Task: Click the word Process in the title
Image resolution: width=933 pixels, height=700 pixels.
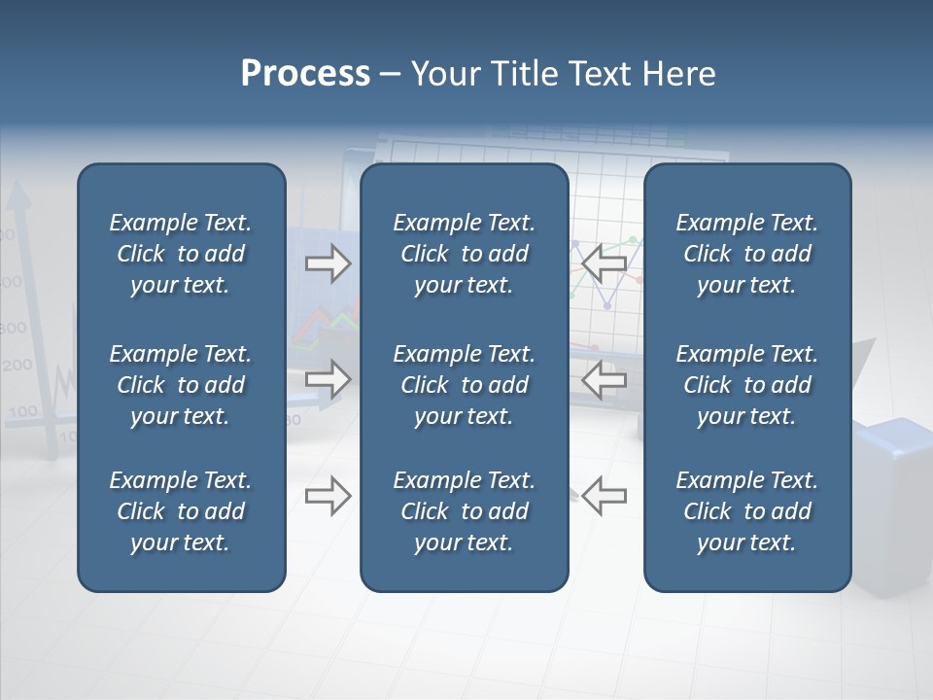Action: click(305, 74)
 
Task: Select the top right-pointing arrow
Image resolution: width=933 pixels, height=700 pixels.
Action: click(328, 263)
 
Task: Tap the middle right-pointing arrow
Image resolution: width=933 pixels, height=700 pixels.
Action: click(328, 379)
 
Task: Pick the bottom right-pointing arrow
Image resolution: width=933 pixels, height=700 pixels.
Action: click(328, 496)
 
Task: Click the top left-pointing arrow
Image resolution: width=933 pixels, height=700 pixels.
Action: click(605, 262)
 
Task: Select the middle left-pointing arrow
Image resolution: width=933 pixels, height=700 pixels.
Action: click(605, 379)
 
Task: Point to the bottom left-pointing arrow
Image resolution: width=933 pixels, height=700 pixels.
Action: click(605, 496)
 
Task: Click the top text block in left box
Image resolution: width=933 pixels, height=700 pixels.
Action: click(181, 254)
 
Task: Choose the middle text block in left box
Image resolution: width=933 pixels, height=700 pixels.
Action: click(181, 385)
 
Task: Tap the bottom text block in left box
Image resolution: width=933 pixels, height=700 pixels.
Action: click(181, 511)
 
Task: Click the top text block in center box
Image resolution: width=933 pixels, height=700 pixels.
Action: click(464, 254)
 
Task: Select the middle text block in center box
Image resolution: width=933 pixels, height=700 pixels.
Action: click(464, 385)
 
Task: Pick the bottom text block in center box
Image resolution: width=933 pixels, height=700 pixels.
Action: click(464, 511)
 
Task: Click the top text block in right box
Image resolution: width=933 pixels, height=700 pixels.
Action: click(746, 254)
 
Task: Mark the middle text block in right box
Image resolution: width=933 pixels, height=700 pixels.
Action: click(746, 385)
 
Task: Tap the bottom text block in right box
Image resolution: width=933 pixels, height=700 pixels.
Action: click(746, 511)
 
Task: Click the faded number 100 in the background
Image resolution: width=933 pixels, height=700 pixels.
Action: click(20, 411)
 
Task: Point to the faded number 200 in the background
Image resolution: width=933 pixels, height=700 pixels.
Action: click(17, 367)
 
